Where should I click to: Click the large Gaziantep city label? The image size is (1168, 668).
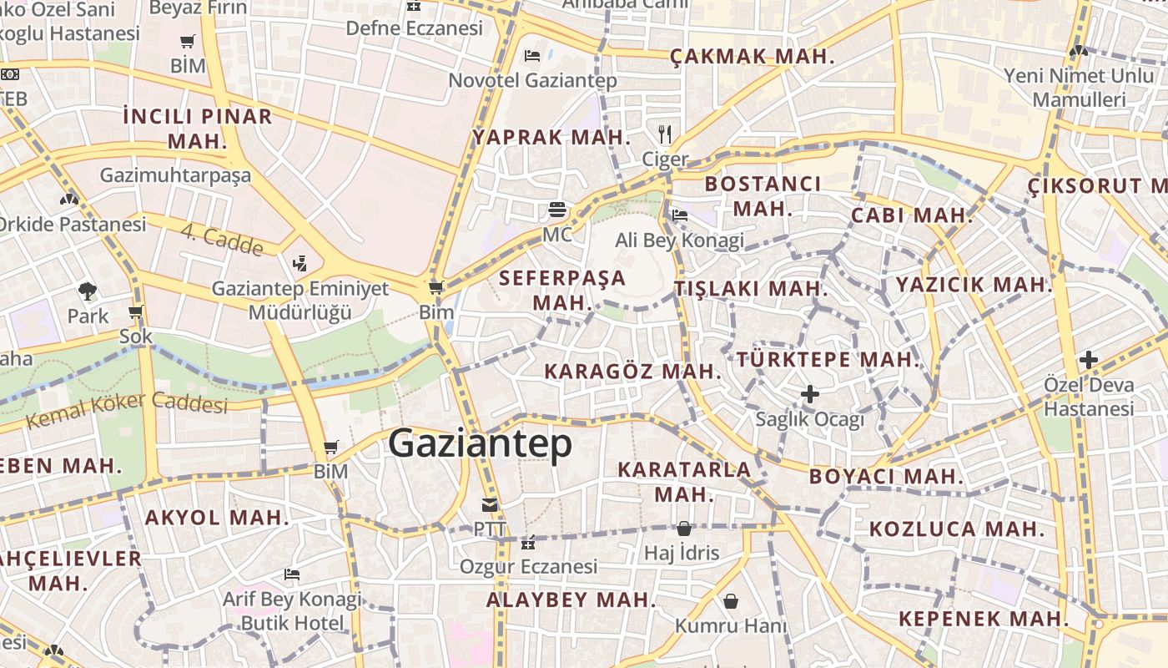(x=481, y=443)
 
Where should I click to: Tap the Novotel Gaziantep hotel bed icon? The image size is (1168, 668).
(x=532, y=56)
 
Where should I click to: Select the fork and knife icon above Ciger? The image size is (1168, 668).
(x=665, y=134)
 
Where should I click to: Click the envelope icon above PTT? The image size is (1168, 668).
(x=489, y=504)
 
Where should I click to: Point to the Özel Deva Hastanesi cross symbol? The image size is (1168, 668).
(x=1088, y=360)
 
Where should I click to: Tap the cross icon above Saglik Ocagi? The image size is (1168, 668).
(x=809, y=393)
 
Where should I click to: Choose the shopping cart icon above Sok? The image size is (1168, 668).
(x=136, y=312)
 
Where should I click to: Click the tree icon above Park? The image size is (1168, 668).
(x=88, y=291)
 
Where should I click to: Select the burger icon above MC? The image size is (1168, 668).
(x=557, y=209)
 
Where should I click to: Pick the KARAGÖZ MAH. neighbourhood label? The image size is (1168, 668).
(x=632, y=372)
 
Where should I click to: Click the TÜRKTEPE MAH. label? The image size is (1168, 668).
(x=828, y=360)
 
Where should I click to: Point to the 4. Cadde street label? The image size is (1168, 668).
(x=222, y=240)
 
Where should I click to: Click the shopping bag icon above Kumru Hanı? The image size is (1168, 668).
(x=730, y=601)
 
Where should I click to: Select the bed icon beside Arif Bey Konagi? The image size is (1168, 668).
(x=291, y=574)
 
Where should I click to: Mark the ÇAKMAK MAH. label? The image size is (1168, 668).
(x=753, y=57)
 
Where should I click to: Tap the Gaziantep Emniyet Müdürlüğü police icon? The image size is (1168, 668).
(x=300, y=264)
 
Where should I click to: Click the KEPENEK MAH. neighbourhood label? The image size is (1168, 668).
(x=984, y=619)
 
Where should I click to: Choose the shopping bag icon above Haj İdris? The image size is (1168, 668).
(x=683, y=528)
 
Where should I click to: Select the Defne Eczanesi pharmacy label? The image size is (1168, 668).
(x=415, y=28)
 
